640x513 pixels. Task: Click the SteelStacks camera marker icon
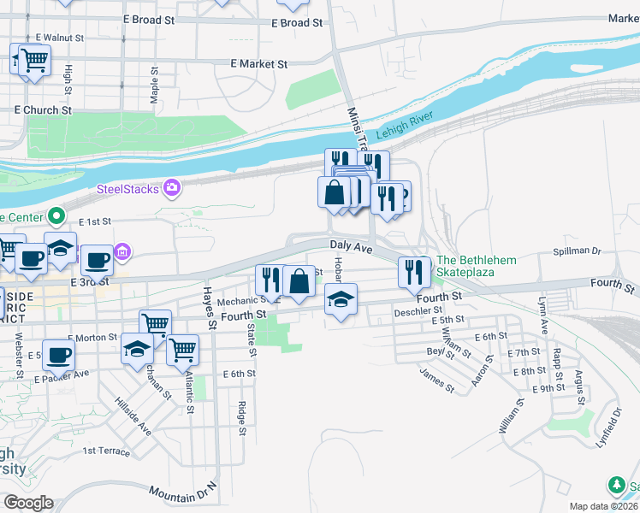[172, 187]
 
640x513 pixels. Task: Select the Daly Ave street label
[352, 247]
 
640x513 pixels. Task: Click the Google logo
[27, 503]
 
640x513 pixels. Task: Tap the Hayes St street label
[208, 309]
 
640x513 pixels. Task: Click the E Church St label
[43, 110]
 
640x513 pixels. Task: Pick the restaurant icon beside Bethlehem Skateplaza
[414, 272]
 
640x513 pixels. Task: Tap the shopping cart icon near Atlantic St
[182, 349]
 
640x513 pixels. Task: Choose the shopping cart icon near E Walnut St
[33, 60]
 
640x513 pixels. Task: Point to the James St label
[436, 380]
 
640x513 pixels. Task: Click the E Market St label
[259, 63]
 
